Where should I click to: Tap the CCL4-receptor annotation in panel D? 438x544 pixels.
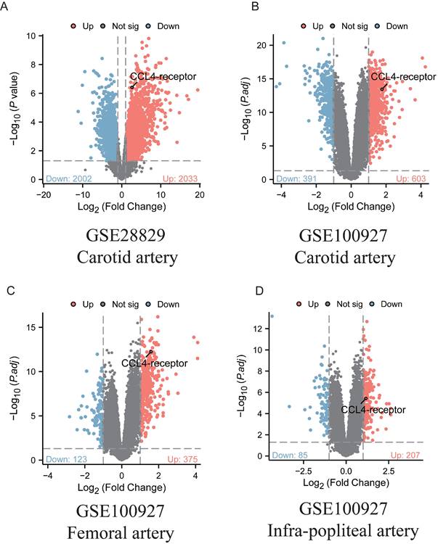(x=373, y=410)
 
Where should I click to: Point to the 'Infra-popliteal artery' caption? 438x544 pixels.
(x=354, y=532)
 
